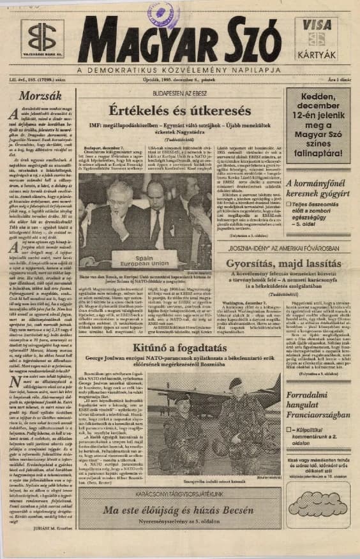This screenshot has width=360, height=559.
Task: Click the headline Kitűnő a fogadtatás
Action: [x=178, y=347]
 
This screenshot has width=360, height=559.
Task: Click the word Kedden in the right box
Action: [x=317, y=97]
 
